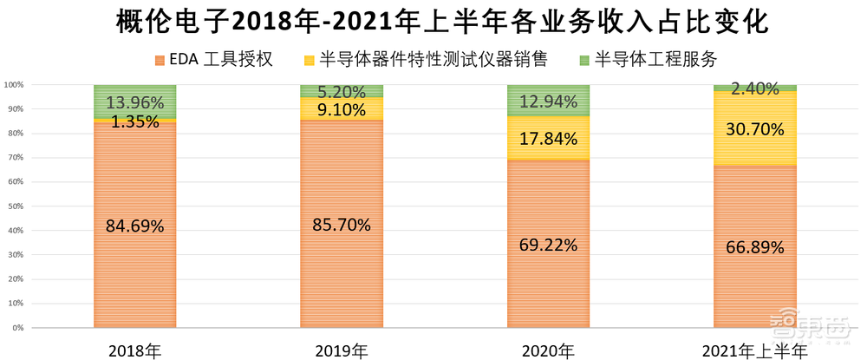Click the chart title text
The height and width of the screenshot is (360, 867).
pos(433,23)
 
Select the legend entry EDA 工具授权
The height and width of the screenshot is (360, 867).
pos(213,60)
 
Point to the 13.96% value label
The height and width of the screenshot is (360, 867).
pos(134,102)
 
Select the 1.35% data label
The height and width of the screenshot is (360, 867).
pos(134,121)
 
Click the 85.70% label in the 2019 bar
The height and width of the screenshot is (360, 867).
pos(341,225)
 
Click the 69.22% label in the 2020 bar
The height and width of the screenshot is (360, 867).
pos(548,245)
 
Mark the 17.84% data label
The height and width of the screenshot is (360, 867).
pos(548,138)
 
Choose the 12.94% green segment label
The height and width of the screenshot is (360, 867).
pos(548,101)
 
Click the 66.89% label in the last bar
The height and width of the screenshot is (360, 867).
pos(754,247)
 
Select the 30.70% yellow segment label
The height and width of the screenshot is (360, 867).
pos(754,129)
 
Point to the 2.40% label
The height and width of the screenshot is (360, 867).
pos(754,88)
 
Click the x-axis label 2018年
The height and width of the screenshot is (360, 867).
pos(134,350)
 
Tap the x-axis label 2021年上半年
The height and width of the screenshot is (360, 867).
pos(754,350)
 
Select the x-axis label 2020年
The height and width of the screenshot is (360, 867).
pos(548,350)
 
